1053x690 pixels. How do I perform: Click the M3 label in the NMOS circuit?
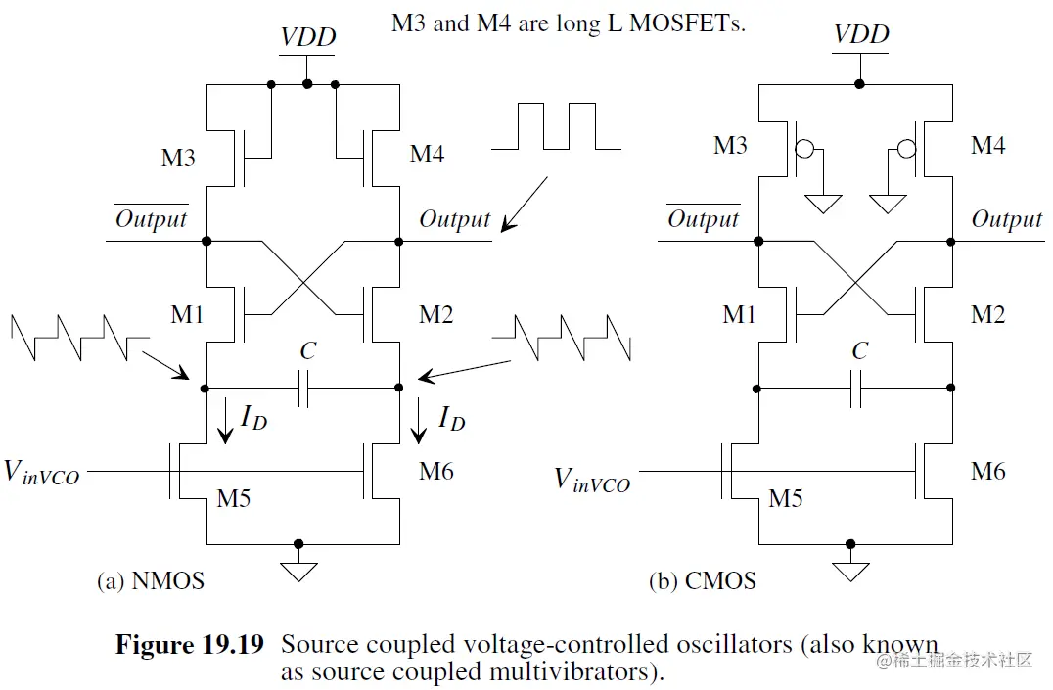[177, 158]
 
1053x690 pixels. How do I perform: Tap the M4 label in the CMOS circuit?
[987, 146]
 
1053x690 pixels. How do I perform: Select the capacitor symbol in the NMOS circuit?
[304, 388]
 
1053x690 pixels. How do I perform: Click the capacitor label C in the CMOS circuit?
[859, 350]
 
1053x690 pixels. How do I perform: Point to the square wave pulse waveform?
[556, 126]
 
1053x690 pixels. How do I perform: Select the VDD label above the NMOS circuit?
[308, 38]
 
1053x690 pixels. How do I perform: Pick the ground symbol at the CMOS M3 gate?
[824, 204]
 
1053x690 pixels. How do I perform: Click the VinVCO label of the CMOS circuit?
[592, 480]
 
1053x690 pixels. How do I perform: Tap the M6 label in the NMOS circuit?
[435, 471]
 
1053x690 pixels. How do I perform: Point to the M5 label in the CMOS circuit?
[786, 499]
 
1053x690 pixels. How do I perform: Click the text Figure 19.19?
[189, 645]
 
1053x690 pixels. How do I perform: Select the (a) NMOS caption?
[151, 580]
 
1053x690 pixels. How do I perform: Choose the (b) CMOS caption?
[703, 580]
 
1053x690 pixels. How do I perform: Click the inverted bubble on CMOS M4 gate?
[904, 150]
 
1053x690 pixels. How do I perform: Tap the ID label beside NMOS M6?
[451, 420]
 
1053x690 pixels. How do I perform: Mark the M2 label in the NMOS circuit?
[435, 315]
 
